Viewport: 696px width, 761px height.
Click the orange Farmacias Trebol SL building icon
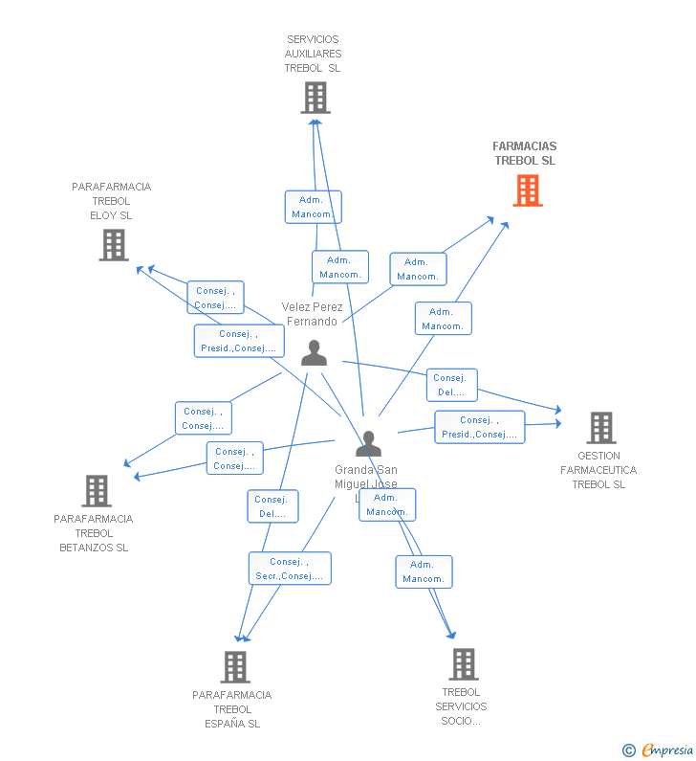click(x=527, y=190)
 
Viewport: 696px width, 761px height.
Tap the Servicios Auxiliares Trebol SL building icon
click(x=315, y=98)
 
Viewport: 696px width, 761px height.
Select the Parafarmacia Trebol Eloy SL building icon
click(x=113, y=245)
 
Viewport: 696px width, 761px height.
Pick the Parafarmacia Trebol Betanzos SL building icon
click(x=96, y=491)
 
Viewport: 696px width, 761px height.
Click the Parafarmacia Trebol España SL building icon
click(x=234, y=667)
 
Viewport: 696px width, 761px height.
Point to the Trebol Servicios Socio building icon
click(x=463, y=663)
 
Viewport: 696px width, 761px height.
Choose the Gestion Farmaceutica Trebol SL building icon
click(x=600, y=428)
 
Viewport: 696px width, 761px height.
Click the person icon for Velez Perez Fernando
click(x=314, y=353)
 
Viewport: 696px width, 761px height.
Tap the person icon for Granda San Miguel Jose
click(x=368, y=444)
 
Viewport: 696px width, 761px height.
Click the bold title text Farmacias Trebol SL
click(x=524, y=153)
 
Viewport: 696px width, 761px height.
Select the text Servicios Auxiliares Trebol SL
click(x=313, y=54)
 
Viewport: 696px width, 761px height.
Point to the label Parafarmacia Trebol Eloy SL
click(x=111, y=201)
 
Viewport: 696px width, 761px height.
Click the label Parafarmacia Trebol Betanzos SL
click(x=94, y=533)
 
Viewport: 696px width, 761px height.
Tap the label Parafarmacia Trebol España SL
click(x=231, y=709)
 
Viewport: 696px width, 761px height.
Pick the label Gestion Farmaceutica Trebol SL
click(x=598, y=470)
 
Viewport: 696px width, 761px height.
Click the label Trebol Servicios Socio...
click(x=461, y=706)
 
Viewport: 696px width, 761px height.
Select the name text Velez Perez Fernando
click(x=312, y=314)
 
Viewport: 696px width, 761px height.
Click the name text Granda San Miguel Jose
click(x=365, y=477)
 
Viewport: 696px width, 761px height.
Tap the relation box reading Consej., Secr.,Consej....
click(x=290, y=569)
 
